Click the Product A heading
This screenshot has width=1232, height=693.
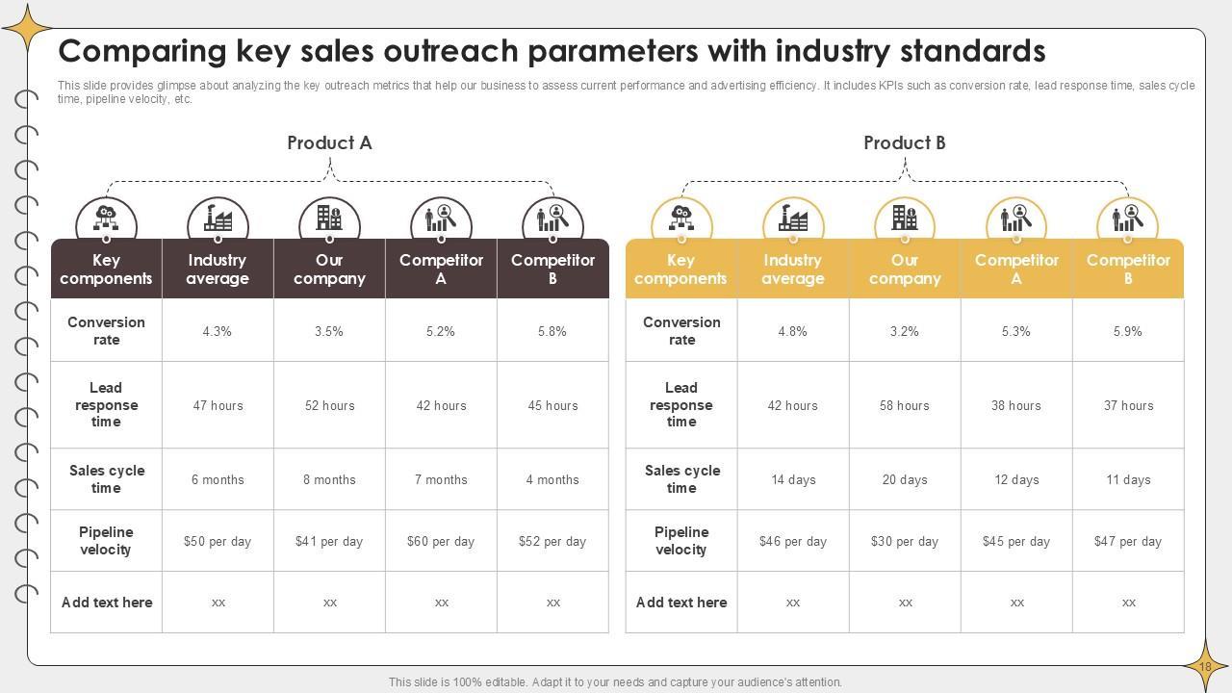pyautogui.click(x=329, y=143)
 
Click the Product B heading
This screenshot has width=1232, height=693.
pyautogui.click(x=904, y=143)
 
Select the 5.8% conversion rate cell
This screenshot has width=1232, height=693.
pyautogui.click(x=552, y=331)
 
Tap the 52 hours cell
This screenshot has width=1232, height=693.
pyautogui.click(x=329, y=405)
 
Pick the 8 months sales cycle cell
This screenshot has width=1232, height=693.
pyautogui.click(x=329, y=479)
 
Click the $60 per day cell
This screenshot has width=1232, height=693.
pyautogui.click(x=441, y=541)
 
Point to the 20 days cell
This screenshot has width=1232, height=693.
pyautogui.click(x=904, y=479)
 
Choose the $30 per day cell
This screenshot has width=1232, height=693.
pyautogui.click(x=904, y=541)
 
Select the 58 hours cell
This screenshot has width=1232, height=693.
pyautogui.click(x=904, y=405)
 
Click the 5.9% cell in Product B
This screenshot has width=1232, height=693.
pyautogui.click(x=1127, y=331)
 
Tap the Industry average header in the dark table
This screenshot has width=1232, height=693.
pyautogui.click(x=218, y=269)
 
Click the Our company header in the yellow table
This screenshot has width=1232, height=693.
pyautogui.click(x=904, y=269)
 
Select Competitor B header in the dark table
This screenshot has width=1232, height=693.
pyautogui.click(x=552, y=269)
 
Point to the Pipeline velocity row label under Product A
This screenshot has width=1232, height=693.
pyautogui.click(x=106, y=541)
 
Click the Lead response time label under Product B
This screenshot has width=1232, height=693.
pyautogui.click(x=681, y=405)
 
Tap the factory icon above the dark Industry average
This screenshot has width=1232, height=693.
pyautogui.click(x=218, y=218)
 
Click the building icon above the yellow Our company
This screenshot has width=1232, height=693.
pyautogui.click(x=904, y=218)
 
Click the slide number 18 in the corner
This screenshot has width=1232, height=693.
pyautogui.click(x=1205, y=666)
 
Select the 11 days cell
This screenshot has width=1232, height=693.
pyautogui.click(x=1127, y=479)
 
